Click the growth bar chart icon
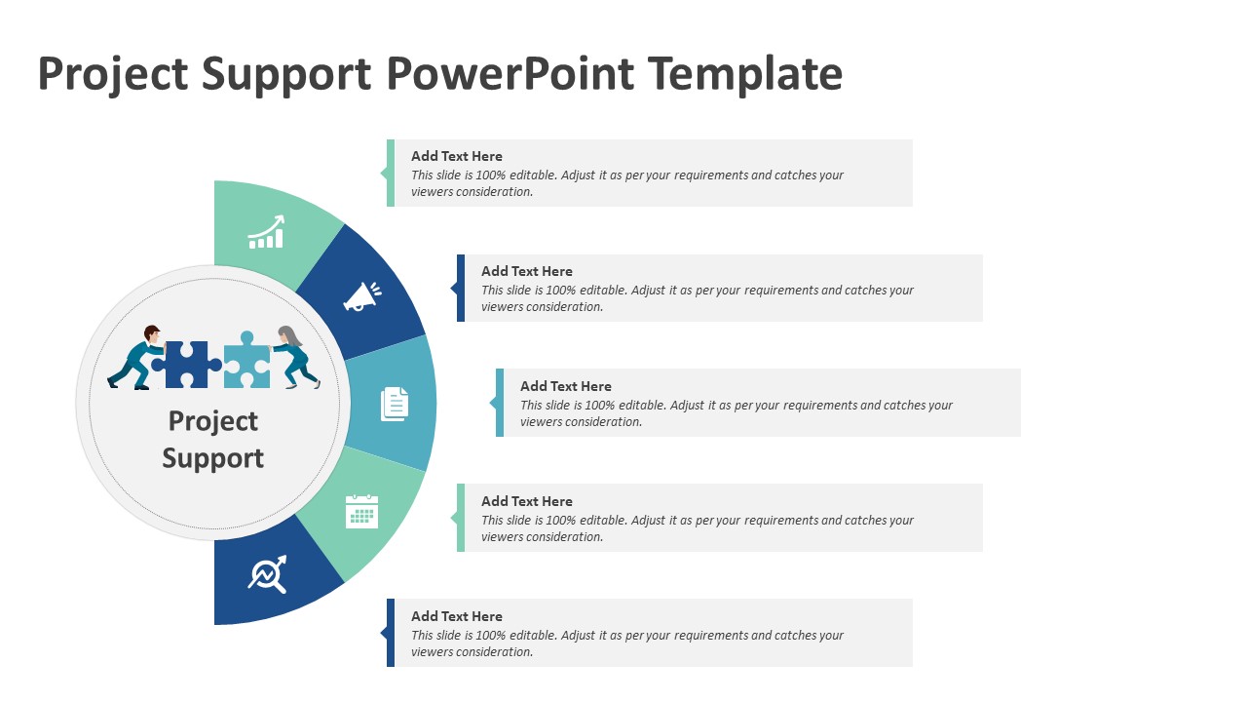coord(266,233)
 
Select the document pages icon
coord(395,403)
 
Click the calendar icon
coord(361,511)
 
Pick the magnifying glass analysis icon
coord(267,574)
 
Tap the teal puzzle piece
coord(247,362)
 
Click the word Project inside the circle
coord(213,421)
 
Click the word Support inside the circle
coord(213,458)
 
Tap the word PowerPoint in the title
coord(510,74)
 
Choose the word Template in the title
coord(744,74)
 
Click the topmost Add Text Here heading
coord(457,156)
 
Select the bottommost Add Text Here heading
coord(457,616)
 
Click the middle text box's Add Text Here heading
coord(566,386)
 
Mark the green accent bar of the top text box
coord(391,173)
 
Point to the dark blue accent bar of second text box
coord(461,288)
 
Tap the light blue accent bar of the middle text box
coord(500,403)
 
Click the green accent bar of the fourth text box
coord(461,518)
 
